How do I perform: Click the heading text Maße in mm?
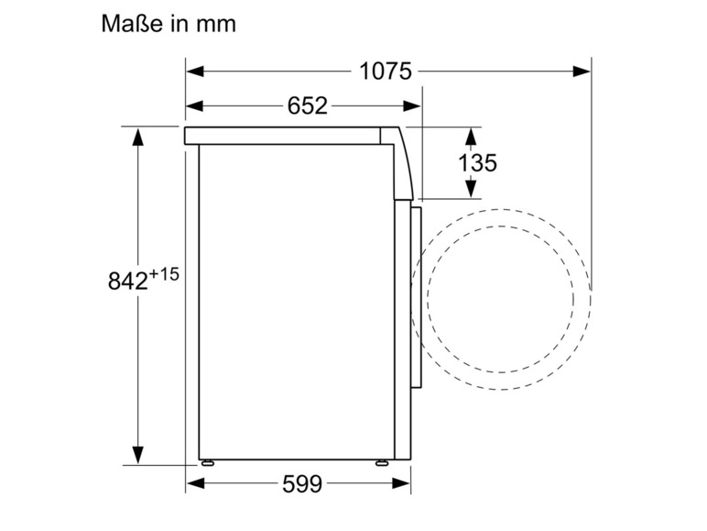pyautogui.click(x=169, y=24)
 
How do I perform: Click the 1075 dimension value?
pyautogui.click(x=386, y=72)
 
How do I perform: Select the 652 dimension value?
pyautogui.click(x=307, y=106)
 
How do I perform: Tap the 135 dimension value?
pyautogui.click(x=477, y=162)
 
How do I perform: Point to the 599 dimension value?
pyautogui.click(x=302, y=484)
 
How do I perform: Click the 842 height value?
pyautogui.click(x=128, y=281)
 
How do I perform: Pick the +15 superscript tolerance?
pyautogui.click(x=164, y=274)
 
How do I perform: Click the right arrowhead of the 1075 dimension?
pyautogui.click(x=582, y=72)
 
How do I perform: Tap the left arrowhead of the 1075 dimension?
pyautogui.click(x=195, y=72)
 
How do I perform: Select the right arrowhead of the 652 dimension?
pyautogui.click(x=412, y=106)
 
